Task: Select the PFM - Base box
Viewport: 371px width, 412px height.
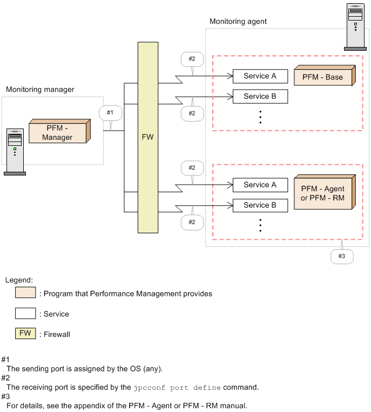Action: [x=322, y=77]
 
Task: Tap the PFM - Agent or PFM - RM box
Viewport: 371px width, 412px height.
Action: [x=322, y=193]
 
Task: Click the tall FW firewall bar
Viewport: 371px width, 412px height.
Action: [x=147, y=137]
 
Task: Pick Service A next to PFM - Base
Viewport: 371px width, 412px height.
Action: [x=260, y=76]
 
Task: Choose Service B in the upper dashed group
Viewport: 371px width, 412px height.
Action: [x=260, y=97]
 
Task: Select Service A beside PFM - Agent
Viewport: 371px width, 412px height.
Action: [x=260, y=185]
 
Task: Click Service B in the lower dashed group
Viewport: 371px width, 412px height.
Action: [x=260, y=206]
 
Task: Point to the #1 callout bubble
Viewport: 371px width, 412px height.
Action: [x=110, y=113]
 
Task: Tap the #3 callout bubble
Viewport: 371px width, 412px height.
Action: [x=341, y=256]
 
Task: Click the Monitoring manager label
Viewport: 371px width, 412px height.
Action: [x=40, y=89]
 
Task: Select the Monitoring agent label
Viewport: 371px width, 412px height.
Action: [x=238, y=22]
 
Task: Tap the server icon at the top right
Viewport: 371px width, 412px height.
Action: [x=355, y=27]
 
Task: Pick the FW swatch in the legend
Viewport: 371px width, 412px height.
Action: [x=25, y=333]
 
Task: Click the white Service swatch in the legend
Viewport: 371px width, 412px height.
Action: [x=25, y=313]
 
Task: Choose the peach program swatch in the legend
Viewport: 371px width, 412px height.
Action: [x=25, y=293]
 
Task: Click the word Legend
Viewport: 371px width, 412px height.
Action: [x=19, y=280]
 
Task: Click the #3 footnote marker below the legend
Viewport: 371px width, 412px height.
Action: [x=6, y=396]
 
